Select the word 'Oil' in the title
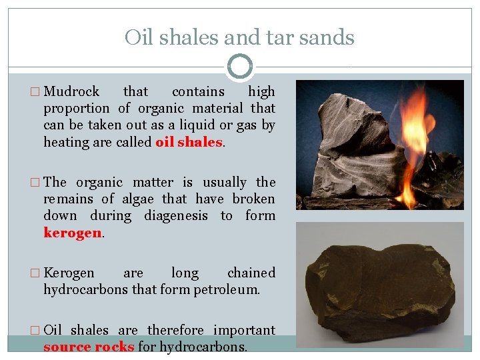pyautogui.click(x=138, y=37)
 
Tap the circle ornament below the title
pyautogui.click(x=240, y=67)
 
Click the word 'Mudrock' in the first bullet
pyautogui.click(x=71, y=91)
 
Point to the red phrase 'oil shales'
pyautogui.click(x=189, y=141)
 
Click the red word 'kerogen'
pyautogui.click(x=72, y=232)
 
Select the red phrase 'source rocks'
pyautogui.click(x=89, y=347)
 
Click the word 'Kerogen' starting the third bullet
pyautogui.click(x=69, y=273)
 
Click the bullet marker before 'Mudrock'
pyautogui.click(x=36, y=92)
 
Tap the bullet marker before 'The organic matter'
pyautogui.click(x=36, y=183)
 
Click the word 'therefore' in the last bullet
pyautogui.click(x=176, y=330)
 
